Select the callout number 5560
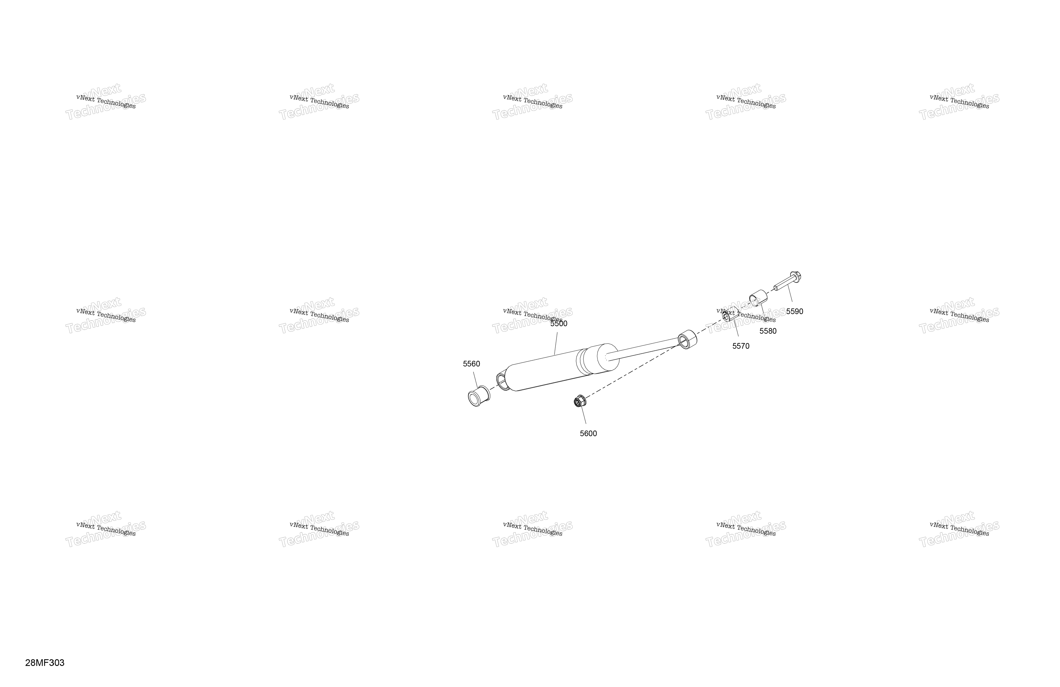(471, 364)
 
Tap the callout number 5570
(741, 346)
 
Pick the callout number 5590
(795, 312)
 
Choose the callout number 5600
(588, 434)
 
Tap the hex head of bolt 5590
(795, 277)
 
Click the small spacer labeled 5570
(730, 314)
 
